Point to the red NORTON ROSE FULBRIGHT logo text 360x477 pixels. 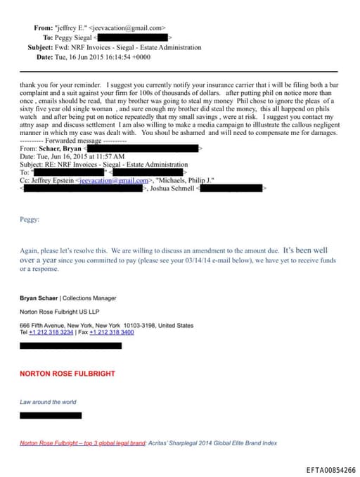click(x=67, y=374)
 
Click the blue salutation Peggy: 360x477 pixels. click(x=30, y=219)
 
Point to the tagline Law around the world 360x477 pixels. click(x=48, y=402)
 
